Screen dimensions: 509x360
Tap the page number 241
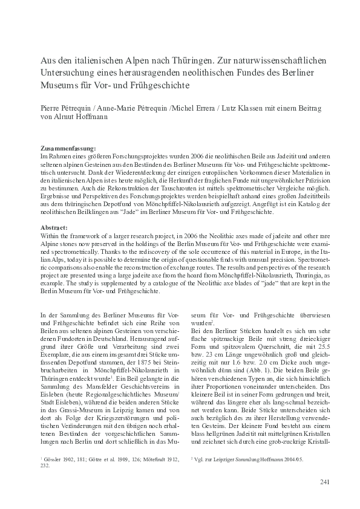(x=322, y=482)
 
